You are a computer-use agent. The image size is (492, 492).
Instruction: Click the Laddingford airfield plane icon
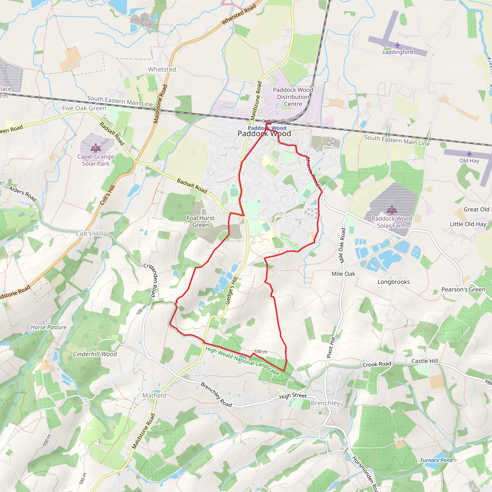point(397,45)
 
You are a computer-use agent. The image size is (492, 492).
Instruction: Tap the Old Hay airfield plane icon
point(469,154)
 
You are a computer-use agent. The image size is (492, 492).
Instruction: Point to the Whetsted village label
point(162,69)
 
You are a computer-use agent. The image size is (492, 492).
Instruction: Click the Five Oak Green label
point(84,108)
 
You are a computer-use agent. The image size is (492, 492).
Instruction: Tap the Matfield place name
point(154,395)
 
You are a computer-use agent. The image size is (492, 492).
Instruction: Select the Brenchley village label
point(325,403)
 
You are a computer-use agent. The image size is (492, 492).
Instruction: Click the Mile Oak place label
point(343,274)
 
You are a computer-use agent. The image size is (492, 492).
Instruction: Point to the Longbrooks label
point(394,282)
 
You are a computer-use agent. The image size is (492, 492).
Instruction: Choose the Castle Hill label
point(424,361)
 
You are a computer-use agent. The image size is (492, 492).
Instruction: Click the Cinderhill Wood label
point(95,354)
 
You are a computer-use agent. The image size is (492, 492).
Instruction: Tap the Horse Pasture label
point(48,327)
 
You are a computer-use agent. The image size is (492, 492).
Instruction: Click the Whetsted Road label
point(239,14)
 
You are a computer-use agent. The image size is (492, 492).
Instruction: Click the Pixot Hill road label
point(331,348)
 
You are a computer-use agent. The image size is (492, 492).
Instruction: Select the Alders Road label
point(23,194)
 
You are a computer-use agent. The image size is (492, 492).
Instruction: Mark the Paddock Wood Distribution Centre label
point(293,97)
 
